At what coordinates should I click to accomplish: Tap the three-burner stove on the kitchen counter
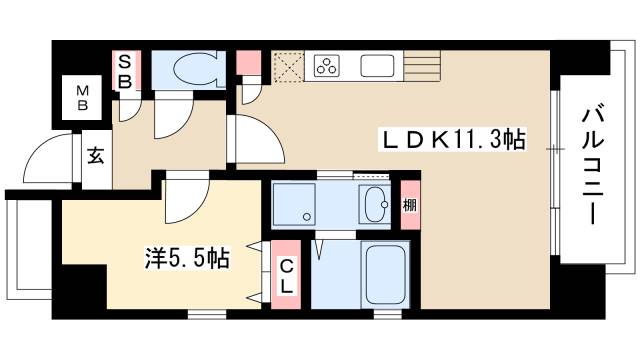tap(327, 68)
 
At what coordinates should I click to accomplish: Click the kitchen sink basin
tap(377, 68)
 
